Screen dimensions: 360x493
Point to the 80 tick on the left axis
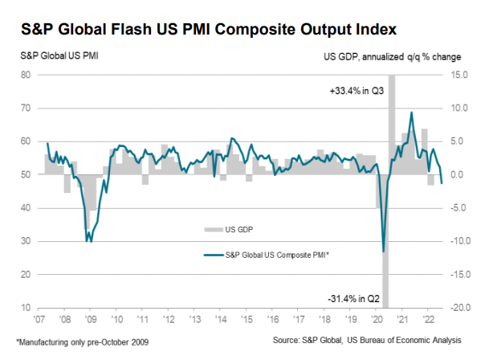(26, 75)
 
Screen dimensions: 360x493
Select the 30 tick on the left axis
(26, 241)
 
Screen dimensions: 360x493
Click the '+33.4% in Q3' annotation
(356, 90)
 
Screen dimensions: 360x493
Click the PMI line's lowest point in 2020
(384, 252)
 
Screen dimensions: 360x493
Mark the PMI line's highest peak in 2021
(412, 112)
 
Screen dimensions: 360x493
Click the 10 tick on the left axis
(26, 308)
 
